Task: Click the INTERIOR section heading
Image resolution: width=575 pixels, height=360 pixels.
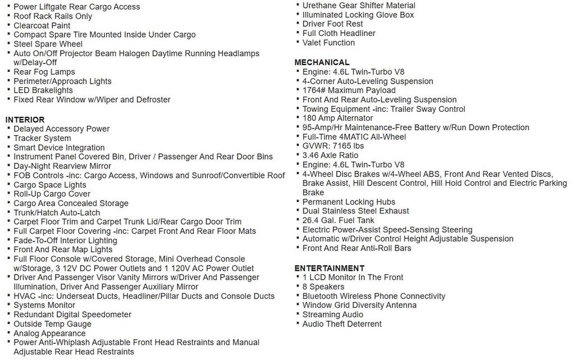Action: tap(25, 120)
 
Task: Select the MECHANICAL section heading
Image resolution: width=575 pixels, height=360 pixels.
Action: tap(322, 62)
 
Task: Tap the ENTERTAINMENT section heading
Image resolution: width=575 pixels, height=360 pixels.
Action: tap(329, 268)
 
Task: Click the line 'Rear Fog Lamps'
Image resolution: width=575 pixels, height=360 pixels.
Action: tap(44, 72)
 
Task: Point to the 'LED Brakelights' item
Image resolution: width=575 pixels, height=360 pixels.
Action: tap(43, 90)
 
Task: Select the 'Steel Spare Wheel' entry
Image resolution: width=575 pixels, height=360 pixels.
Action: tap(48, 44)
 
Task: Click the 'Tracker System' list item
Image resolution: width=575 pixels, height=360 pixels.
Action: tap(42, 138)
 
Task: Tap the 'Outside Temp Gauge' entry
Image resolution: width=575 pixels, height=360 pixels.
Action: tap(52, 324)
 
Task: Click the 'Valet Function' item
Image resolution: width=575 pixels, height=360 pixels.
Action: tap(328, 43)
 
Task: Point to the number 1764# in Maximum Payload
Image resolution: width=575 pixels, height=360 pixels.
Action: tap(314, 90)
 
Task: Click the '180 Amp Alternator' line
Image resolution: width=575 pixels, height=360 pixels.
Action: tap(337, 118)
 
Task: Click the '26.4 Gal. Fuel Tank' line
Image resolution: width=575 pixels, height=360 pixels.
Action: tap(338, 220)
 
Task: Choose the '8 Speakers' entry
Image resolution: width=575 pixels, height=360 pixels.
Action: tap(323, 286)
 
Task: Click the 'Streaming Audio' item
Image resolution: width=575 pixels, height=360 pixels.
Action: tap(332, 315)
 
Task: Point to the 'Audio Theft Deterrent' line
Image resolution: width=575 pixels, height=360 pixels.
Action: tap(342, 324)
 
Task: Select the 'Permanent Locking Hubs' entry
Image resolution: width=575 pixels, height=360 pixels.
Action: tap(349, 202)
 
